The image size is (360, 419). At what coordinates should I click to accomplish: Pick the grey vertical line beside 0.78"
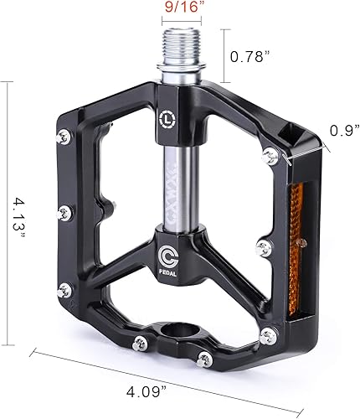click(224, 56)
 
